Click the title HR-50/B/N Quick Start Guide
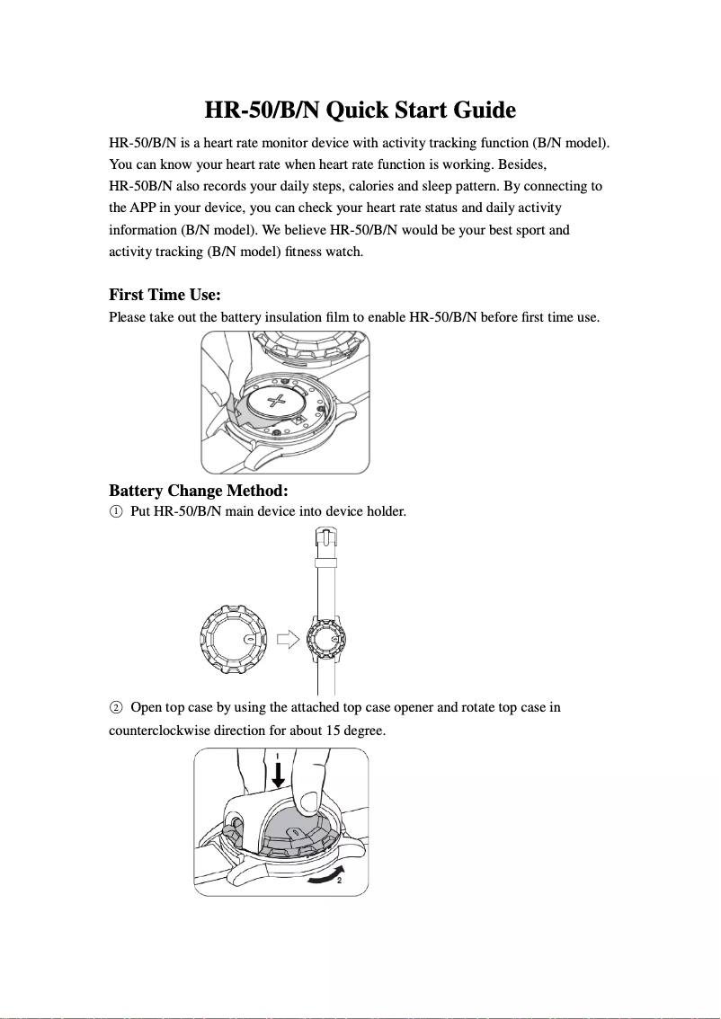click(360, 111)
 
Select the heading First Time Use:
click(165, 295)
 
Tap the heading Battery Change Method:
click(198, 491)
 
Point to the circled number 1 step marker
click(115, 512)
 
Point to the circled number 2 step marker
click(115, 708)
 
